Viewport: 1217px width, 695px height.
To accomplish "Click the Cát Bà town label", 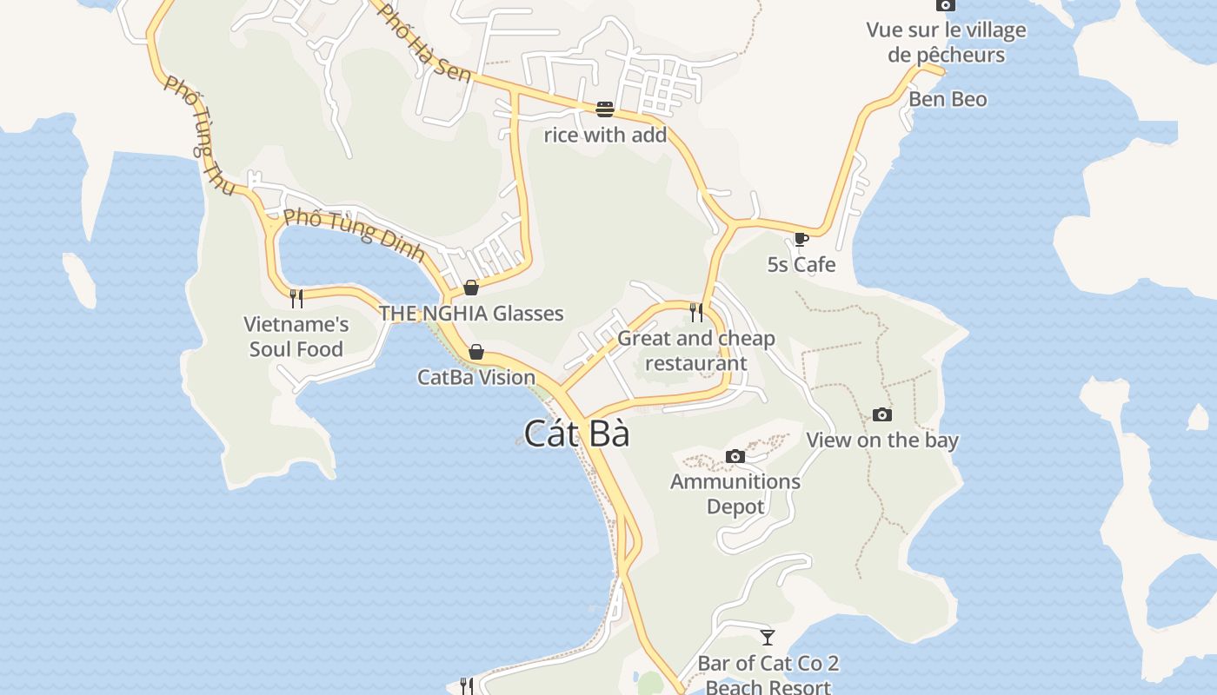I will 576,434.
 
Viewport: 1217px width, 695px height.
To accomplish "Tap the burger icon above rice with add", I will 605,109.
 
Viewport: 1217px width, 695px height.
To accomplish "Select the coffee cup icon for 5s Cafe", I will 801,239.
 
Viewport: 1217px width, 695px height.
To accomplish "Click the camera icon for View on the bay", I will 882,414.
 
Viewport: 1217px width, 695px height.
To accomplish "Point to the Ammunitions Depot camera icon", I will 735,456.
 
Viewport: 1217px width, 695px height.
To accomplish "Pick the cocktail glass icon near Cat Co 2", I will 768,638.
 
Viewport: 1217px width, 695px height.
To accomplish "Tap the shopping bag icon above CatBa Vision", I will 476,352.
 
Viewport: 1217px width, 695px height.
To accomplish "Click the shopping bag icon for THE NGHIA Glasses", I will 471,288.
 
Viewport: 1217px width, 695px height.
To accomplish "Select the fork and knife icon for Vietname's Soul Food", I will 296,299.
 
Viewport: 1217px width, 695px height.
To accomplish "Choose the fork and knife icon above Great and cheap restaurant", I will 696,312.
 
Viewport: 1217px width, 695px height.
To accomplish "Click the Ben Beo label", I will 948,99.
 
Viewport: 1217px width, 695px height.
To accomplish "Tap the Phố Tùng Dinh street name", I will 355,234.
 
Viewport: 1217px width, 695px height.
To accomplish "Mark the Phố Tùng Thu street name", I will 199,135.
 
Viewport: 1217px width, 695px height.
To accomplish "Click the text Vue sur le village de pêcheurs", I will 946,43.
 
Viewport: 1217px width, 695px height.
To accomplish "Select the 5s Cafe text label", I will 801,264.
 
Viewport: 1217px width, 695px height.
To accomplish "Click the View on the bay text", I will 882,440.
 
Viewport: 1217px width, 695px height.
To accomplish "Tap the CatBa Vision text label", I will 476,377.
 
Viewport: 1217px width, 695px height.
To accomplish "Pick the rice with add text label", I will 605,135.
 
